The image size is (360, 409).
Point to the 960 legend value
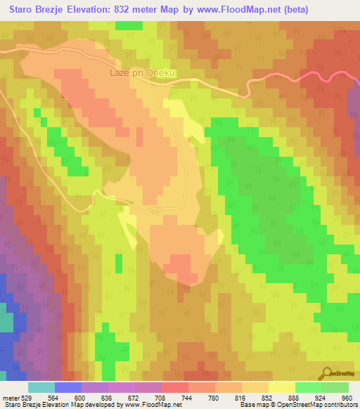[345, 397]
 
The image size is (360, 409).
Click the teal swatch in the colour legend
[41, 387]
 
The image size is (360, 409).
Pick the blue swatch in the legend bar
[68, 387]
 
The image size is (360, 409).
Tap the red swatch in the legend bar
[174, 387]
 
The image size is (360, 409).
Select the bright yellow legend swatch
[281, 387]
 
